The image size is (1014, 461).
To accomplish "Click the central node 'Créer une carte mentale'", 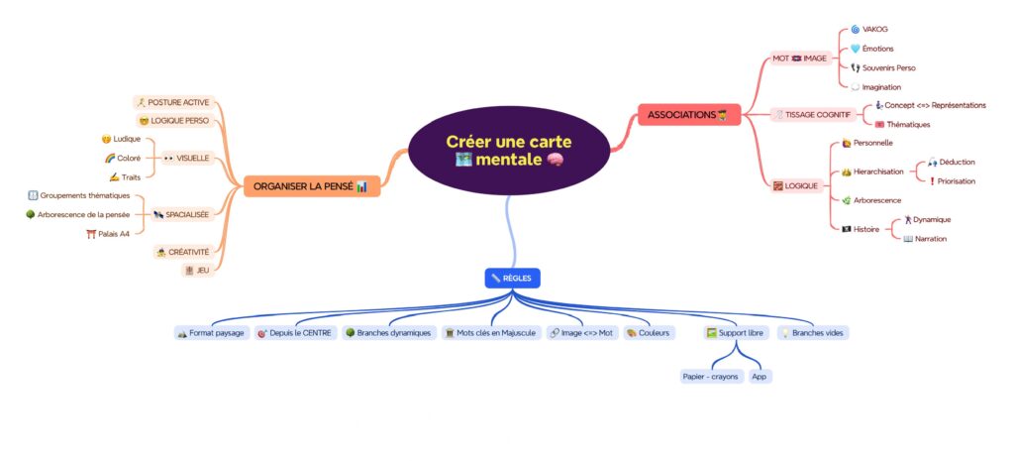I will [x=507, y=150].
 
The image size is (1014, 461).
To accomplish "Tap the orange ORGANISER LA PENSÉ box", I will [x=310, y=185].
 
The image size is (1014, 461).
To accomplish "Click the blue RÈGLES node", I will [x=513, y=279].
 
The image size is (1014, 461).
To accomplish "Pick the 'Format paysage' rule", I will [x=211, y=332].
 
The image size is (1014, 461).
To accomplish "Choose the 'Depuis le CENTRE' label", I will [x=297, y=332].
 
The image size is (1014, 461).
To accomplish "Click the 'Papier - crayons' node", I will [x=710, y=377].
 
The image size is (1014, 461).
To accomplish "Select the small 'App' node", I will [x=760, y=377].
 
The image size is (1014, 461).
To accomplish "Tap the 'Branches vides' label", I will [x=815, y=332].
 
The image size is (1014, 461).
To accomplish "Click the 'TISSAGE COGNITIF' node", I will [x=811, y=114].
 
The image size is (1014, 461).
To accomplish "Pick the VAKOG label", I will [x=874, y=30].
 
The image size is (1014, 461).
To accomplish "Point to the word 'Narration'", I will [x=931, y=238].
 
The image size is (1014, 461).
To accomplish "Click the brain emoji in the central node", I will [x=554, y=160].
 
